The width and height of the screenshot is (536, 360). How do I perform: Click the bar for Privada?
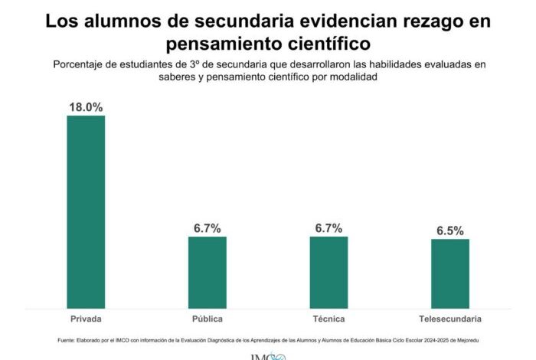click(x=86, y=211)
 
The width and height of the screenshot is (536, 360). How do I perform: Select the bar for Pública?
click(x=208, y=272)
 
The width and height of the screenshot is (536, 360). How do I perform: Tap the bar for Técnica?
click(x=328, y=272)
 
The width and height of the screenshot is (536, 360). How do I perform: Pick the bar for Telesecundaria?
click(x=450, y=273)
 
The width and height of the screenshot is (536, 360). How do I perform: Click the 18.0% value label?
click(x=86, y=107)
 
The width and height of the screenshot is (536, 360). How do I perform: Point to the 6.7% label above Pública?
click(x=208, y=228)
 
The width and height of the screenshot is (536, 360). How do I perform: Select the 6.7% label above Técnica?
click(x=328, y=228)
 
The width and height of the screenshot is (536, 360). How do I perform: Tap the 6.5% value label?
click(x=450, y=231)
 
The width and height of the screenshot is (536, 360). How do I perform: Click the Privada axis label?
click(x=86, y=319)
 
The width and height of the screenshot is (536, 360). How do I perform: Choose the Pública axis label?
click(x=208, y=319)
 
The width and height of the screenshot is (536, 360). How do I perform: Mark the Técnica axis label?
click(x=328, y=319)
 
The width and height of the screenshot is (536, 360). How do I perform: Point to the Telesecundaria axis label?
click(x=450, y=319)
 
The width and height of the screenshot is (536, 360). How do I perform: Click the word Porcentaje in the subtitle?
click(x=81, y=64)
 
